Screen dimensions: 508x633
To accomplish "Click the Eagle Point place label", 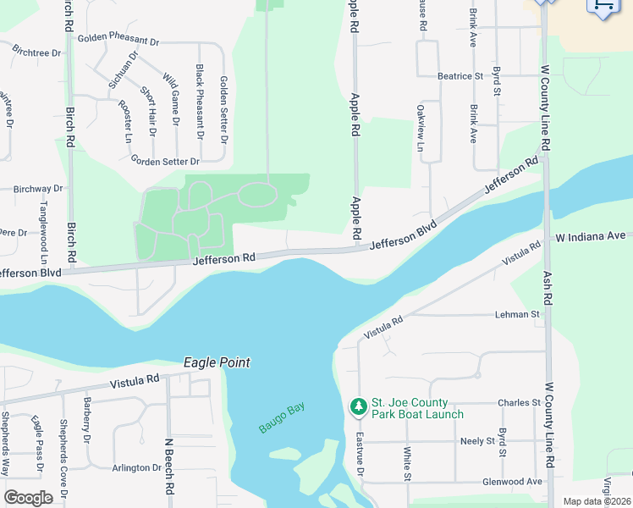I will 217,362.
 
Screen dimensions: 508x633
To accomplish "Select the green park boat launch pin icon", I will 359,407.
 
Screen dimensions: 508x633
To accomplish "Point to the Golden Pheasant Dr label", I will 118,40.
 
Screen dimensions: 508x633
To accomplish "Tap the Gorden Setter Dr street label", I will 165,161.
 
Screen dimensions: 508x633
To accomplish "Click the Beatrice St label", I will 460,76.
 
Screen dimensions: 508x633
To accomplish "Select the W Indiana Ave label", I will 590,236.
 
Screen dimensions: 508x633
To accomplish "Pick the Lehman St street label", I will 517,315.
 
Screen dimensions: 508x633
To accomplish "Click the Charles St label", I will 519,403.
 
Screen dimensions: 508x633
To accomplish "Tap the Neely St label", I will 477,442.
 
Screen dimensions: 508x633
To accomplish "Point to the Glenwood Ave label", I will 511,482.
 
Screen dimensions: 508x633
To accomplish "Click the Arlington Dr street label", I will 136,467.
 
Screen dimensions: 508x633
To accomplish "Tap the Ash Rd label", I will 548,288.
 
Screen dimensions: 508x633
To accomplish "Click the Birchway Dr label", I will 38,189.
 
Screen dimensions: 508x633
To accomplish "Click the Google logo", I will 28,498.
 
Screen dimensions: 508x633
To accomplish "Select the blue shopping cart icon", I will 602,7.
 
